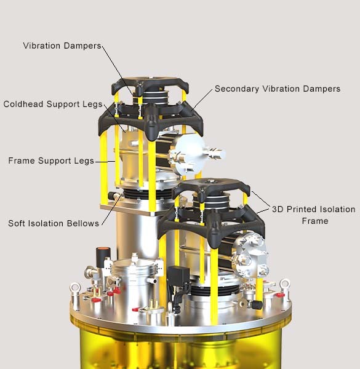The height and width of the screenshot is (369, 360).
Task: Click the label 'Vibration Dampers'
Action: [x=62, y=46]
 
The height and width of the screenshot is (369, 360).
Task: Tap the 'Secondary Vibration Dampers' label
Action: [x=278, y=89]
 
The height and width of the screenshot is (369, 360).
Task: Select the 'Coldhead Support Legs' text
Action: [x=53, y=104]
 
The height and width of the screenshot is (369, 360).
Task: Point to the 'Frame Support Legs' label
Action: [x=51, y=161]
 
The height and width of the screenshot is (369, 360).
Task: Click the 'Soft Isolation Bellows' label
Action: [x=54, y=223]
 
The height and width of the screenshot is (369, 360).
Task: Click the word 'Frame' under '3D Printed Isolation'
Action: [x=315, y=221]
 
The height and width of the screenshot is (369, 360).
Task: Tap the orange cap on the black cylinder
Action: [x=103, y=249]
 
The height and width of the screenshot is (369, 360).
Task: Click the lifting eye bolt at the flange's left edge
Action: [x=76, y=289]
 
